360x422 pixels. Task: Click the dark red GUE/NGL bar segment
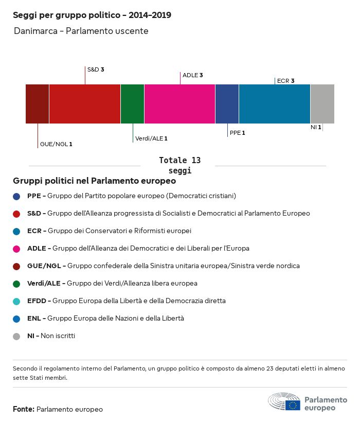point(37,104)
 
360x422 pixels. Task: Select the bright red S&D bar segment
point(85,104)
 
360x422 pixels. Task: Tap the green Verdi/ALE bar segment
point(132,104)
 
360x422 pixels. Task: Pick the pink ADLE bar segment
point(179,104)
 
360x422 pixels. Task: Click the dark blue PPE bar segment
point(227,104)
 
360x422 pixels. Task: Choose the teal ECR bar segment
point(275,104)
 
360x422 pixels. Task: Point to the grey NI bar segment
point(322,104)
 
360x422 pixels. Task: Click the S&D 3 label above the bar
point(96,69)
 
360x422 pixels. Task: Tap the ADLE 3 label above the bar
point(192,75)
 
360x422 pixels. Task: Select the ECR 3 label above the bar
point(285,81)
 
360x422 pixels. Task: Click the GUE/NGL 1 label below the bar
point(56,144)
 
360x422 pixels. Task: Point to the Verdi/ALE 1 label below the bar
point(151,138)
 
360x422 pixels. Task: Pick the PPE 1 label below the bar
point(237,133)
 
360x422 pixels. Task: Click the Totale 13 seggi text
point(179,165)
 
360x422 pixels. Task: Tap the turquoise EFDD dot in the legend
point(16,301)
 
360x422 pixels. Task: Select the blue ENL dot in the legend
point(16,319)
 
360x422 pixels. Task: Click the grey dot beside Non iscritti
point(16,336)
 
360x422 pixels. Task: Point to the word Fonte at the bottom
point(24,409)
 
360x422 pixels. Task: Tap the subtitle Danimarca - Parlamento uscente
point(81,31)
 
